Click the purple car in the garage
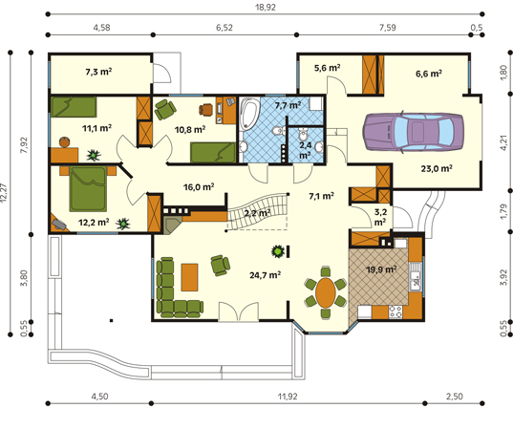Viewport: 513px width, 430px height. (413, 132)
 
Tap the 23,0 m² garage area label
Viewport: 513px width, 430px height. (437, 168)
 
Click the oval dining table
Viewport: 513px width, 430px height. (326, 292)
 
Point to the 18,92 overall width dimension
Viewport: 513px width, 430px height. (266, 8)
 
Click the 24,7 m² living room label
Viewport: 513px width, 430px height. (265, 275)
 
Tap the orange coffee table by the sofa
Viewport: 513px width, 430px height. (190, 277)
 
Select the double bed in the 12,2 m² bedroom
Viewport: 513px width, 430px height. (88, 188)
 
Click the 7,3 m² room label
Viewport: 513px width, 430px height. (98, 72)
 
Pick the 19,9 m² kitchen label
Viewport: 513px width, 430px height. (381, 269)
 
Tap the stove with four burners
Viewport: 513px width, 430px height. (395, 312)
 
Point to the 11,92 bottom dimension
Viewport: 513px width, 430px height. (288, 397)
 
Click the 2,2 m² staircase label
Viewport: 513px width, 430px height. (257, 213)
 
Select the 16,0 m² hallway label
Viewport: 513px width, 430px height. (199, 187)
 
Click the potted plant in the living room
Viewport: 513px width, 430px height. (278, 251)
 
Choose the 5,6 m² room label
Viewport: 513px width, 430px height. (327, 68)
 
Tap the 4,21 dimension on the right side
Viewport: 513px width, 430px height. (504, 142)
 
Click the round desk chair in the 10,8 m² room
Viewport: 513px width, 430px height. (206, 110)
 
